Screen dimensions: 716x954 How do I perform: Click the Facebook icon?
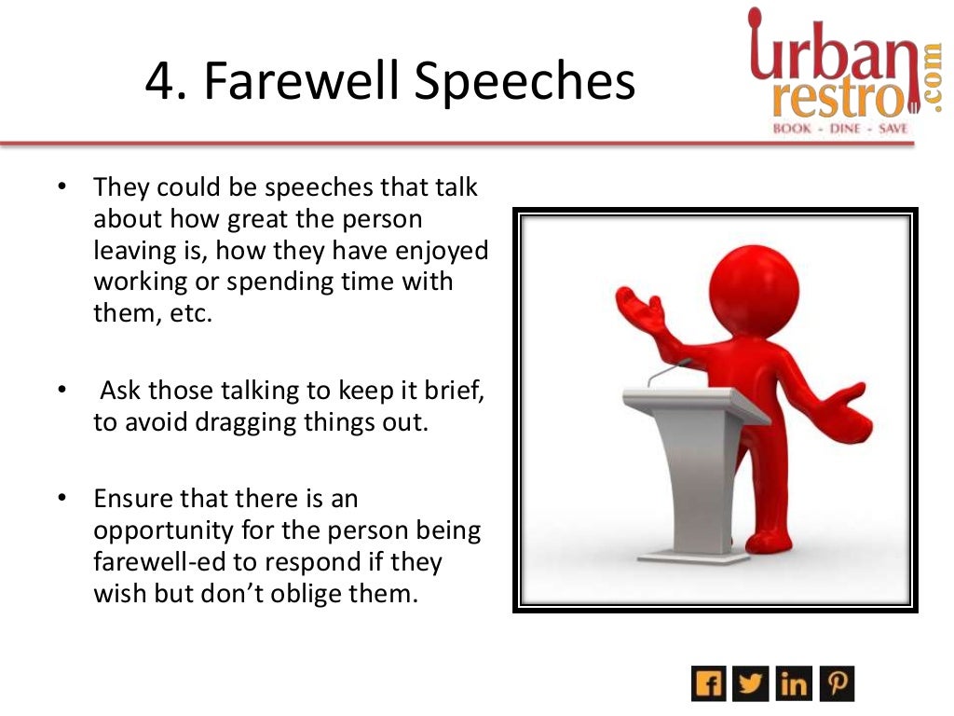[x=708, y=684]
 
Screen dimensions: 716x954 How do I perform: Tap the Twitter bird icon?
[x=751, y=684]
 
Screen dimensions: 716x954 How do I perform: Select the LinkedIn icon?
[x=794, y=684]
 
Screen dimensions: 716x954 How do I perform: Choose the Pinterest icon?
[x=837, y=684]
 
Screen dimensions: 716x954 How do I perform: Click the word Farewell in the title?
[x=300, y=82]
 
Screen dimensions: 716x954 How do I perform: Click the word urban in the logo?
[x=820, y=52]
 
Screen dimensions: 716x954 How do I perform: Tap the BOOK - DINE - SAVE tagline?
[x=839, y=129]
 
